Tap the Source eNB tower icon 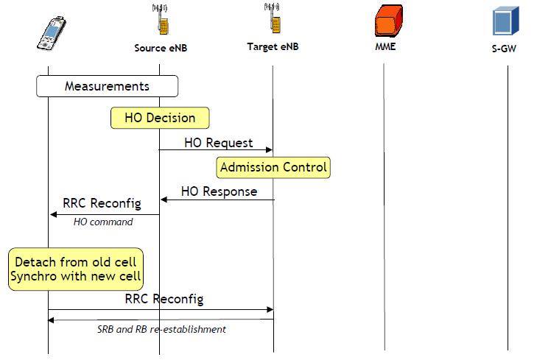pyautogui.click(x=159, y=21)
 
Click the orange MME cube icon pyautogui.click(x=389, y=21)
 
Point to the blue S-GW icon pyautogui.click(x=506, y=21)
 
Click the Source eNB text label pyautogui.click(x=159, y=49)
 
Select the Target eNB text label pyautogui.click(x=273, y=47)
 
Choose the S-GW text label pyautogui.click(x=506, y=49)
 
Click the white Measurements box pyautogui.click(x=108, y=86)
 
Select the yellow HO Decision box pyautogui.click(x=160, y=118)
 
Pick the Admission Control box pyautogui.click(x=273, y=167)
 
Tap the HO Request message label pyautogui.click(x=218, y=142)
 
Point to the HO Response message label pyautogui.click(x=219, y=191)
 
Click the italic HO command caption pyautogui.click(x=103, y=222)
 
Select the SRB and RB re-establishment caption pyautogui.click(x=161, y=329)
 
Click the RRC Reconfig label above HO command pyautogui.click(x=102, y=203)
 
